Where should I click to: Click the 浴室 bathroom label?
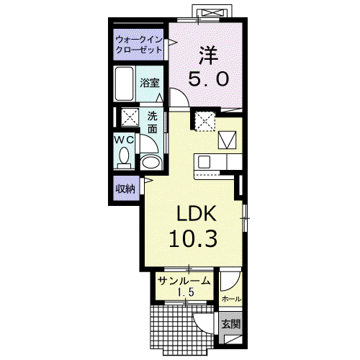point(150,83)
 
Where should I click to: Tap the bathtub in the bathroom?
point(124,84)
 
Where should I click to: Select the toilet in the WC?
point(124,158)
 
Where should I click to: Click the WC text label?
point(124,140)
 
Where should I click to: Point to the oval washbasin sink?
point(150,162)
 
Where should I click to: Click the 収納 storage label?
point(125,189)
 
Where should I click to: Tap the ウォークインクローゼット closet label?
point(139,45)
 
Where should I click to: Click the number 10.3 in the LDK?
point(193,238)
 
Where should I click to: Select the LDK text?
point(197,213)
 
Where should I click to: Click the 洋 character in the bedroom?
point(208,56)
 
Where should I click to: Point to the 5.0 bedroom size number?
point(208,79)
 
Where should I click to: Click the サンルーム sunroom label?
point(185,281)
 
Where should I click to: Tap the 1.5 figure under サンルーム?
point(185,292)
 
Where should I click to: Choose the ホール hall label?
point(231,299)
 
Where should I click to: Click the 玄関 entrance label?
point(230,325)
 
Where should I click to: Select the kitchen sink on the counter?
point(204,162)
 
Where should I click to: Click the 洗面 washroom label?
point(152,122)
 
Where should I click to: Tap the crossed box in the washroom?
point(130,117)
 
